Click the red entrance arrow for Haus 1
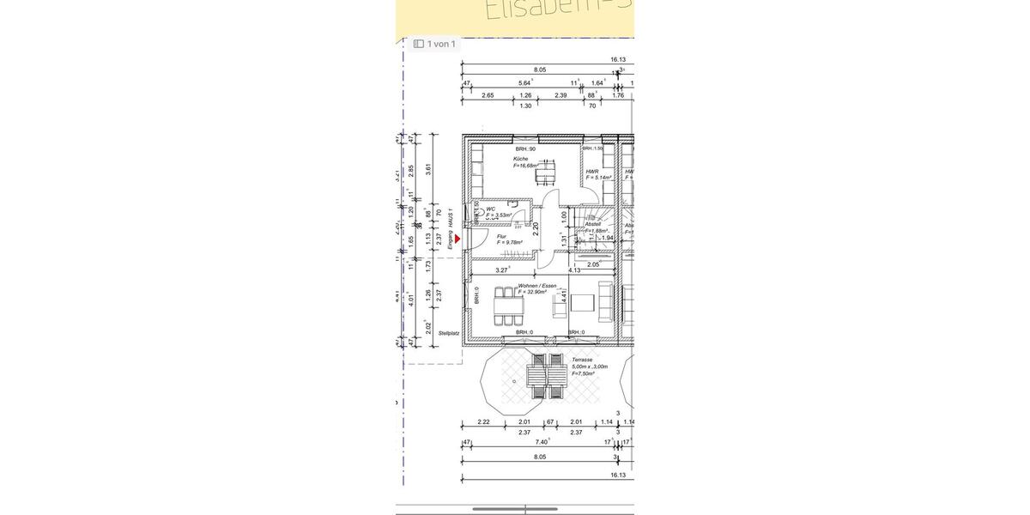[x=457, y=241]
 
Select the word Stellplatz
[x=449, y=333]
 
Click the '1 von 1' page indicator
[x=434, y=44]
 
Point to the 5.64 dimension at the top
[x=524, y=82]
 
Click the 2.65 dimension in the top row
[x=488, y=95]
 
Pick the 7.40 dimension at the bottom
[x=542, y=441]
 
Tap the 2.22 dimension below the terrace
[x=483, y=421]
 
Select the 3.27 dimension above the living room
[x=501, y=270]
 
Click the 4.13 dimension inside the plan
[x=574, y=270]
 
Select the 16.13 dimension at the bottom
[x=618, y=475]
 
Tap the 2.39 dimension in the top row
[x=560, y=95]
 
